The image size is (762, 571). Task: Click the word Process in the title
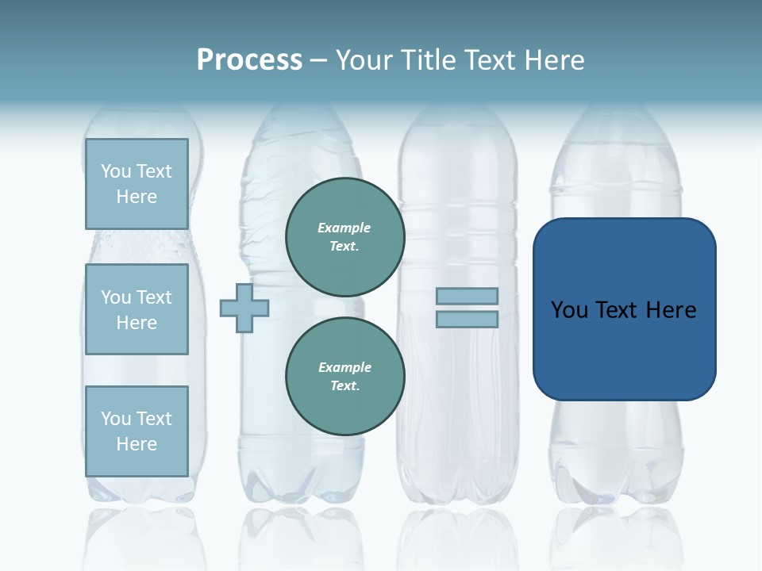pos(249,60)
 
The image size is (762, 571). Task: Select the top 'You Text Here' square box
pos(137,184)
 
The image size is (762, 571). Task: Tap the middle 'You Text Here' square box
pos(137,309)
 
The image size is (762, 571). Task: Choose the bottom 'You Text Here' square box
pos(137,431)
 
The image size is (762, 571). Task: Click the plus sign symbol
pos(244,308)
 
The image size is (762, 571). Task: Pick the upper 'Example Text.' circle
pos(344,237)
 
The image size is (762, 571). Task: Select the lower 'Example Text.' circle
pos(344,377)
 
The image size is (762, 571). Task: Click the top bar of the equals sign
pos(467,296)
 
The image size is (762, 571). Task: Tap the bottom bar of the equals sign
pos(467,319)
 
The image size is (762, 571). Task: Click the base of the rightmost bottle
pos(618,488)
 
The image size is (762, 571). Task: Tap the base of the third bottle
pos(458,488)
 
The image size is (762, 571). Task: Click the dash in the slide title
pos(318,60)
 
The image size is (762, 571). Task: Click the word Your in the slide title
pos(365,60)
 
